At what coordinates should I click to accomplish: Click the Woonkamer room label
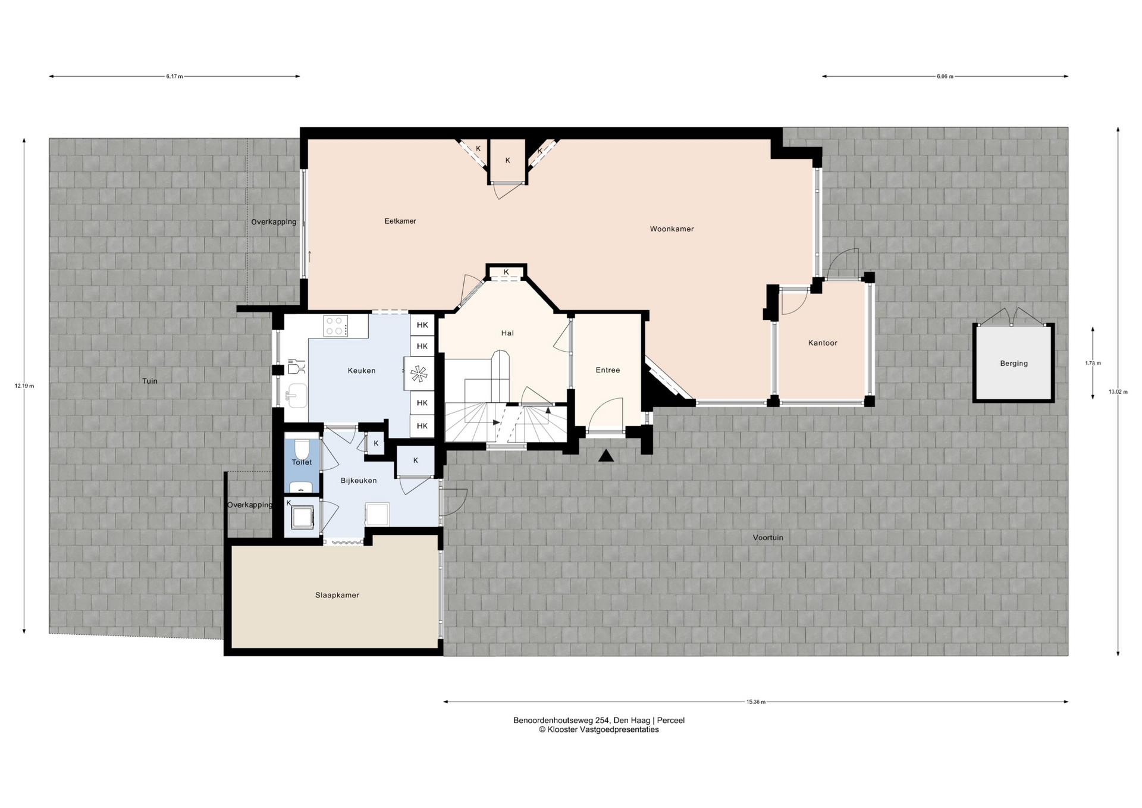tap(672, 229)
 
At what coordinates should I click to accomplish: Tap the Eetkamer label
tap(400, 221)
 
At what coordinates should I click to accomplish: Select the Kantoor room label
tap(823, 343)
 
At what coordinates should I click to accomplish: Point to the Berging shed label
tap(1014, 364)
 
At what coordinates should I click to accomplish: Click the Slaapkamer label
tap(337, 595)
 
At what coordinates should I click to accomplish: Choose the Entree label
tap(608, 370)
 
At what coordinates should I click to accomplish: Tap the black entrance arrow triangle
tap(606, 456)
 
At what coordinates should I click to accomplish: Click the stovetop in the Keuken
tap(336, 327)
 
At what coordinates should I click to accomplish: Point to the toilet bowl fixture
tap(302, 447)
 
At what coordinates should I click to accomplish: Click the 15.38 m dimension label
tap(756, 702)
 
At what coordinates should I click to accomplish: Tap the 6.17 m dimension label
tap(175, 77)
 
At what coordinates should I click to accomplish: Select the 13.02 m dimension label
tap(1118, 392)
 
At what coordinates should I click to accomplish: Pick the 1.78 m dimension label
tap(1093, 363)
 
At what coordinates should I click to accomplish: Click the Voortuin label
tap(768, 538)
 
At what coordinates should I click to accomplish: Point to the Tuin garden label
tap(150, 381)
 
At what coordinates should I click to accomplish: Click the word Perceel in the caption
tap(671, 721)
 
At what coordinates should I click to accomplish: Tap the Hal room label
tap(507, 333)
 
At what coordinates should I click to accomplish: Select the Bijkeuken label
tap(359, 481)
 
